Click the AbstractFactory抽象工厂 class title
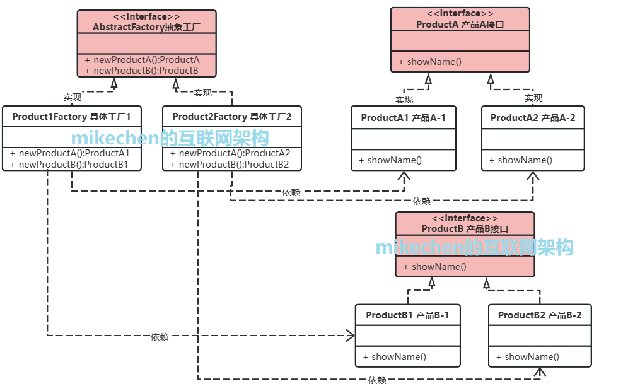pos(146,27)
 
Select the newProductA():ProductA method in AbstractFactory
pos(146,60)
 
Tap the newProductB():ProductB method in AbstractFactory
pos(146,71)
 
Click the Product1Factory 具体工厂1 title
pos(71,117)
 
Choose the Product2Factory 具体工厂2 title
pos(231,117)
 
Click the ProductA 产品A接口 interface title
pos(460,25)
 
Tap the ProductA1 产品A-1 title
pos(404,118)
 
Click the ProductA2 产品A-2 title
pos(533,118)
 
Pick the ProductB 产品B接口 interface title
pos(465,229)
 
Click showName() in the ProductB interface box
pos(439,267)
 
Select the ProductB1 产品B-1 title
pos(407,315)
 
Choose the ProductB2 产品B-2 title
pos(540,315)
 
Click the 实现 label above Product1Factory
pos(72,98)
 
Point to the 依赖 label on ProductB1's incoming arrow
pos(160,337)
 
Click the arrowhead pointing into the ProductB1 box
pos(351,336)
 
